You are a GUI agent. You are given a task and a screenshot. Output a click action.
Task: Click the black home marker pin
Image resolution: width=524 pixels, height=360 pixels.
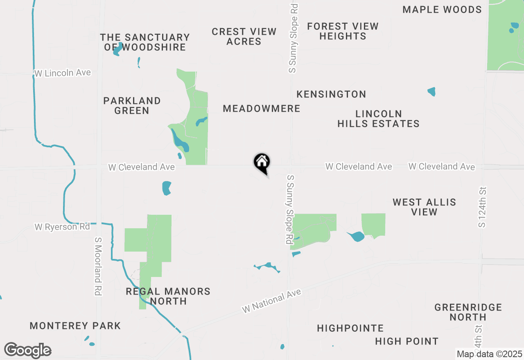coord(262,163)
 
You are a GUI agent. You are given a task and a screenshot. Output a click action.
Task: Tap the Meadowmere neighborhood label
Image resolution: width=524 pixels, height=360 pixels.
coord(262,108)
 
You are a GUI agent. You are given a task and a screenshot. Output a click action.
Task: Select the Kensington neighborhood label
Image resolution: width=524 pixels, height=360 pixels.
coord(331,94)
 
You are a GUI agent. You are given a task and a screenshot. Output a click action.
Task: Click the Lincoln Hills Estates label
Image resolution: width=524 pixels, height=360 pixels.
coord(378,119)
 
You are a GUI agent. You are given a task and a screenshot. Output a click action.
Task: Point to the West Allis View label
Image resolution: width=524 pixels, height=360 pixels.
coord(424,207)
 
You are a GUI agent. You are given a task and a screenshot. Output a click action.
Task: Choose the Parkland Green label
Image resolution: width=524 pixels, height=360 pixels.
coord(132,106)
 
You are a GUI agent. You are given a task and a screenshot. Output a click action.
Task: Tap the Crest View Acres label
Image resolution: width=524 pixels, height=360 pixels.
coord(244,36)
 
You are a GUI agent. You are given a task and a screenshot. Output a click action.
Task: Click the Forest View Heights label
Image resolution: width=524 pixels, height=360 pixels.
coord(343,31)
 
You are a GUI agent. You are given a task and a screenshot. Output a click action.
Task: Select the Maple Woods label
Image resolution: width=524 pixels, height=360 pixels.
coord(442,9)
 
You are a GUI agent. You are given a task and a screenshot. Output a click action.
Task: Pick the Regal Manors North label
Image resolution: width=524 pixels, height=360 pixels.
coord(168,296)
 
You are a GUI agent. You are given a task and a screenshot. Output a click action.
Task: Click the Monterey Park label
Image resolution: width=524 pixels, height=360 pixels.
coord(75,326)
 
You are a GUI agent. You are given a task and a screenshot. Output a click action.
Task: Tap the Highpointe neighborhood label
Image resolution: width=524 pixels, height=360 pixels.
coord(350,328)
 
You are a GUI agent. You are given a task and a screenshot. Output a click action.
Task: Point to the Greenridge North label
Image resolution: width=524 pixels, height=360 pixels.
coord(468,312)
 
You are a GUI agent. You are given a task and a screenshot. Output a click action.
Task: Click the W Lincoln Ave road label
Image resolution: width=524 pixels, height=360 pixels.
coord(63,73)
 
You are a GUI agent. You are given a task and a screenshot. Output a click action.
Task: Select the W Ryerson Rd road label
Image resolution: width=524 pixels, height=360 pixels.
coord(62,227)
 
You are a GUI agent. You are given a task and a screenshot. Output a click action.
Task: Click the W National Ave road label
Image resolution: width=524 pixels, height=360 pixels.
coord(271,301)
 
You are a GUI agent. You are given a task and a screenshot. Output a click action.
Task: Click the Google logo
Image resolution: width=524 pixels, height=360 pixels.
coord(27,350)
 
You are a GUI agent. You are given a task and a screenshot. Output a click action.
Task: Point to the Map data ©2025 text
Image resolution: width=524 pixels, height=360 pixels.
coord(489,354)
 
